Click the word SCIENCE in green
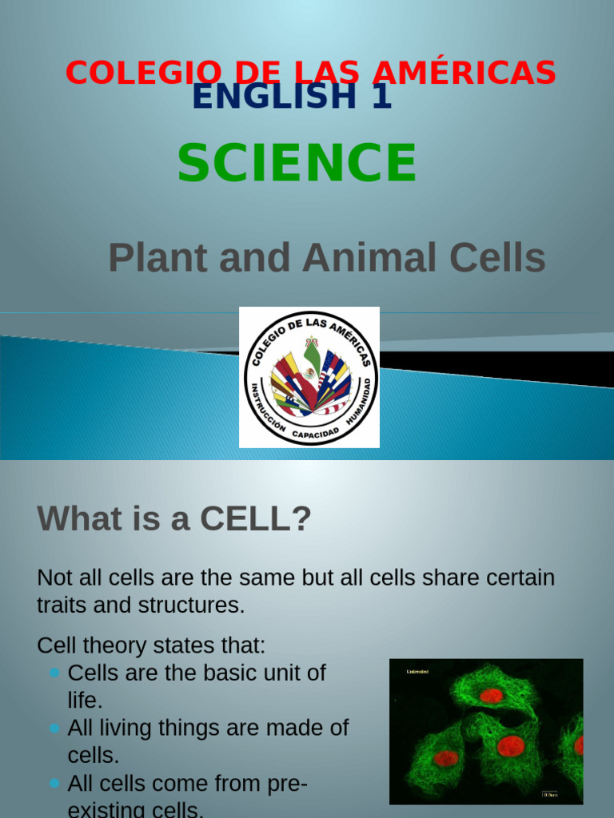click(x=297, y=162)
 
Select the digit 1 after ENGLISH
click(x=382, y=97)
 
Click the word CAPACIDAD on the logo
click(x=313, y=434)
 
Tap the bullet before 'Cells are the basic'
click(x=54, y=673)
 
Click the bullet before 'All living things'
click(x=54, y=728)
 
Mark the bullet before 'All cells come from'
click(x=54, y=783)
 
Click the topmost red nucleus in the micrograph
click(x=491, y=696)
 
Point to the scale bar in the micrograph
click(x=550, y=794)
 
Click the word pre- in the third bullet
click(x=283, y=783)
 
